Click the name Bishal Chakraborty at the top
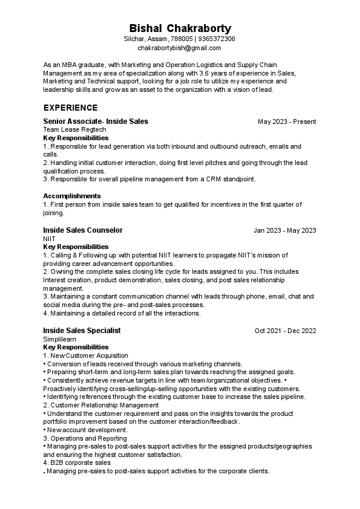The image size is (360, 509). [x=180, y=28]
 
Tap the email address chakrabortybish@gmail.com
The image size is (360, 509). [x=180, y=47]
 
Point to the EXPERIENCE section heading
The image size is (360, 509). [x=70, y=108]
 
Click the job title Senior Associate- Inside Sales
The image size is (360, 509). [x=96, y=122]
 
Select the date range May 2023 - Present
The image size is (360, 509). [x=287, y=122]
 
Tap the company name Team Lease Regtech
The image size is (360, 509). [x=74, y=129]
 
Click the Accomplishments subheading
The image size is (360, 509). [x=72, y=196]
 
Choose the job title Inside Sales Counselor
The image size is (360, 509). [x=83, y=230]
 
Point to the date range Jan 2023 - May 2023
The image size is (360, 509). [x=284, y=230]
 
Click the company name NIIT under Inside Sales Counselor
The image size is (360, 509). [x=50, y=239]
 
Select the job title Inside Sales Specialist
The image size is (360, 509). [x=82, y=331]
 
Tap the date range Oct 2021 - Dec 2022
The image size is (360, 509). [x=285, y=331]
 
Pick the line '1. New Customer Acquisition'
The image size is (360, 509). [x=86, y=355]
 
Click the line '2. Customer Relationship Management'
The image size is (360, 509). [x=100, y=405]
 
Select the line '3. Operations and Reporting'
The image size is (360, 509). [x=85, y=438]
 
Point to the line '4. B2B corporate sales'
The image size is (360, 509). [x=77, y=462]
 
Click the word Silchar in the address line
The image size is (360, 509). [x=133, y=39]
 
